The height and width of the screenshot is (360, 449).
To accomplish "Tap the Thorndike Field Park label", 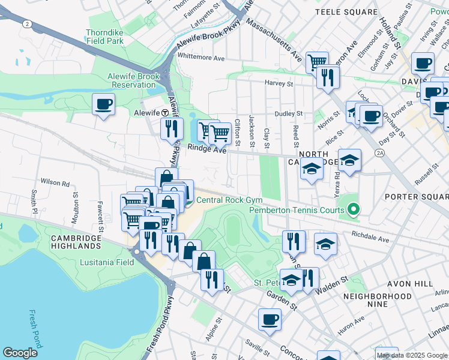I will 104,36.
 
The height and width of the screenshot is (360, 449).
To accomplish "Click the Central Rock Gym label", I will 230,200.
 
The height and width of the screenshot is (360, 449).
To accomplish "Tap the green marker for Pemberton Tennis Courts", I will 354,209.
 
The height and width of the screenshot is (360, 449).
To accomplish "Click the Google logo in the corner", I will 20,353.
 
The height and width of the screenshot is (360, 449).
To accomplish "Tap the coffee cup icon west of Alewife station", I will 104,104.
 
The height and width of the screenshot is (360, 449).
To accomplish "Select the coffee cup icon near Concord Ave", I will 270,318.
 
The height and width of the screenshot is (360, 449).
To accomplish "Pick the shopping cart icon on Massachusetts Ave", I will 316,61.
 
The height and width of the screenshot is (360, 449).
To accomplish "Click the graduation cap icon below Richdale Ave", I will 325,244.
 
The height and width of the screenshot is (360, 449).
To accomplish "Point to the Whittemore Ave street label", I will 200,58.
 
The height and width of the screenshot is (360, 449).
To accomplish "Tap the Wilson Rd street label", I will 55,182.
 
